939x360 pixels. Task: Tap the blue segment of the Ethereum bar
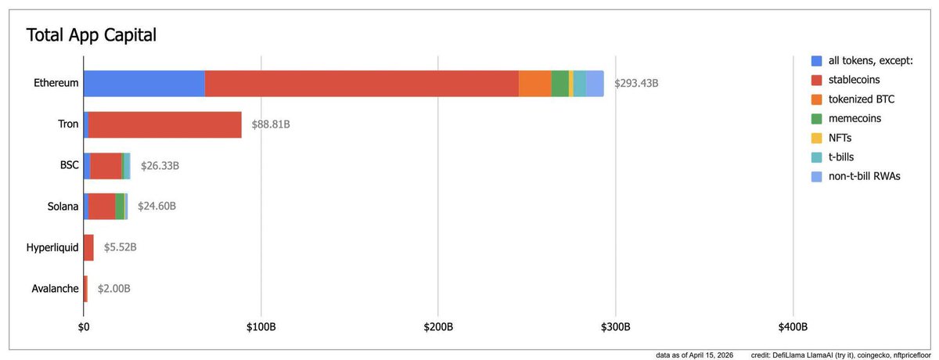point(144,84)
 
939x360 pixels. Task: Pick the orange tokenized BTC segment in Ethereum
point(534,84)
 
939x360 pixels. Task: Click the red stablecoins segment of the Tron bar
point(164,124)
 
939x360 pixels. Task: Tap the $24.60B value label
point(156,207)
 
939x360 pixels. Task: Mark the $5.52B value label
point(120,247)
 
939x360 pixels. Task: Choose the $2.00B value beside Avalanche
point(114,289)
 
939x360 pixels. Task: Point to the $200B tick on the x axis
point(437,326)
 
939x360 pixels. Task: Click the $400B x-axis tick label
point(793,326)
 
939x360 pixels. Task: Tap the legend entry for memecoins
point(854,118)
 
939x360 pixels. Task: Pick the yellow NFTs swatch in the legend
point(817,138)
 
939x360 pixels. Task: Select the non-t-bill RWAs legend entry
point(865,176)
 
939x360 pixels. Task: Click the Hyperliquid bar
point(88,247)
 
